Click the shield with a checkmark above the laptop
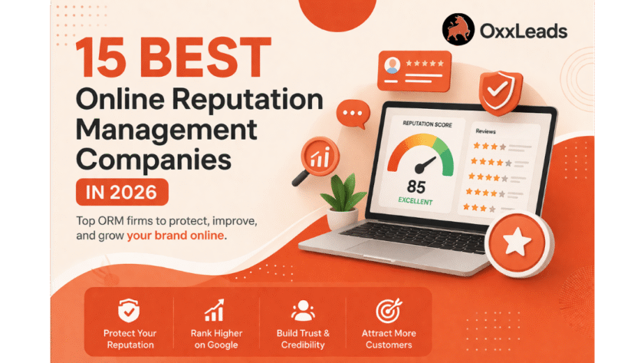point(500,93)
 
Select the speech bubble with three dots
point(353,114)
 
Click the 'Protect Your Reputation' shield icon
point(129,311)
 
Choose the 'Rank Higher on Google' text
point(216,338)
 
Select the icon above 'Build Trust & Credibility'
point(303,311)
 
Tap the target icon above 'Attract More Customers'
point(389,311)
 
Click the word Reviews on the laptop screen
point(485,131)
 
